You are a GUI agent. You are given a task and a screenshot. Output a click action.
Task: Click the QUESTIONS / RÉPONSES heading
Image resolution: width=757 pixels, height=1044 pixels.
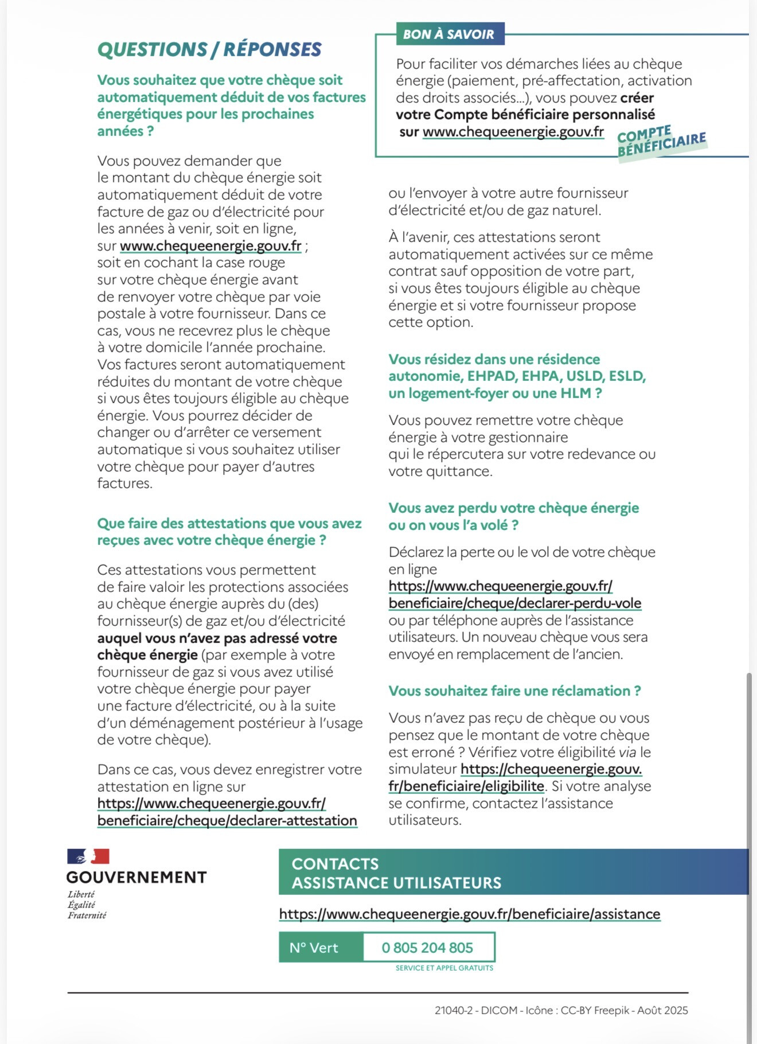[x=209, y=49]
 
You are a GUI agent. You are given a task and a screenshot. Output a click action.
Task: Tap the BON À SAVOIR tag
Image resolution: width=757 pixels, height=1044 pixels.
[x=448, y=34]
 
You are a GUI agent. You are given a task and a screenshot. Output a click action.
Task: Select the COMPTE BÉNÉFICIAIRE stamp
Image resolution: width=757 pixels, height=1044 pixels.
[x=661, y=143]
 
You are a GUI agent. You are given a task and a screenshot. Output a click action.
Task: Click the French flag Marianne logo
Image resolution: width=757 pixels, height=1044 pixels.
[x=88, y=856]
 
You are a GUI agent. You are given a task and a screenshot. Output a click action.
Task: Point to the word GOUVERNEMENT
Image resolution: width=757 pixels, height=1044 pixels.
[x=136, y=877]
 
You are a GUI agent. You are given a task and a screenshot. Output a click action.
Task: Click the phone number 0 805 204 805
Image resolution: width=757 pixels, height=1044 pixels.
[x=427, y=948]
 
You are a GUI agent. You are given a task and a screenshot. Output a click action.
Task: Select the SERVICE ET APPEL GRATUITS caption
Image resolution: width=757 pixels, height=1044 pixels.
[x=444, y=968]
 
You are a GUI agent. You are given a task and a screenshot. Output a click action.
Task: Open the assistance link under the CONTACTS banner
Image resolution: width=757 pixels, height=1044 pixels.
[x=470, y=914]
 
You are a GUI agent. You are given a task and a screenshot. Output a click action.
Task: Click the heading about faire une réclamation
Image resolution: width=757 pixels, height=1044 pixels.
[x=514, y=691]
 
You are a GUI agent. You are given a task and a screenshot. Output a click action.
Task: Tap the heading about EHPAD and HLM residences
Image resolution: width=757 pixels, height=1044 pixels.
[x=517, y=376]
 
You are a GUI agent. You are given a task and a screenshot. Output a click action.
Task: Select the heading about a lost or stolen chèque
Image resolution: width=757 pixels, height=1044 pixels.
[x=513, y=516]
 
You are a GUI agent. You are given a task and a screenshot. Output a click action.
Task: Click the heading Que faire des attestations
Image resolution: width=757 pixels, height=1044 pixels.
[x=229, y=532]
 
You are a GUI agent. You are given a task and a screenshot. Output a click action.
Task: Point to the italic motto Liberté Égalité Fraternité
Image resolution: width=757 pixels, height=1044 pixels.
[x=87, y=905]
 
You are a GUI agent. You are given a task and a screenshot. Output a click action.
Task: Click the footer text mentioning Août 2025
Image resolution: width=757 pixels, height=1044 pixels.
[x=561, y=1010]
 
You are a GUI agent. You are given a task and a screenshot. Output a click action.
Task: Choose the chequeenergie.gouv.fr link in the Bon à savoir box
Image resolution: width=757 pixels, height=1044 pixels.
[x=513, y=132]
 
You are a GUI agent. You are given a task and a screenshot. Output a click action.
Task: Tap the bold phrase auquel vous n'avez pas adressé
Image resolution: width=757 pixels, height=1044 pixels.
[x=217, y=638]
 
